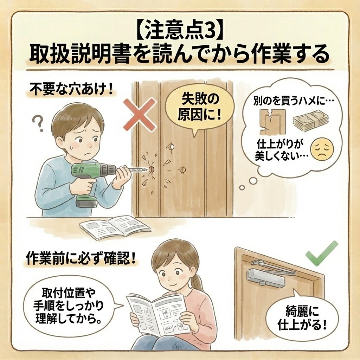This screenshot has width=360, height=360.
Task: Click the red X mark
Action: tap(140, 115)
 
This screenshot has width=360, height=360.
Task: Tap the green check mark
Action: tap(321, 254)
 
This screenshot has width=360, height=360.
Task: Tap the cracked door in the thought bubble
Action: tap(272, 122)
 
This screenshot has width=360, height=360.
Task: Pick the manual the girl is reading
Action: tap(159, 312)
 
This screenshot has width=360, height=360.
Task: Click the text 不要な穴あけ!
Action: tap(71, 90)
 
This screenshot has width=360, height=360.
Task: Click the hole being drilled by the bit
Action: tap(152, 170)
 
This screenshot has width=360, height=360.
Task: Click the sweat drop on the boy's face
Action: tap(72, 144)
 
